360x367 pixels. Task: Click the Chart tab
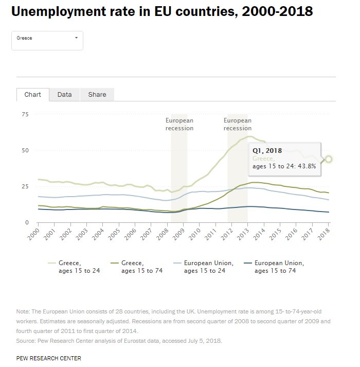pos(32,95)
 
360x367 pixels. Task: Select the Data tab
pos(64,95)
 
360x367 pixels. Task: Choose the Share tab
pos(97,95)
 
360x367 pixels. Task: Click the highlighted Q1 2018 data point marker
pos(329,159)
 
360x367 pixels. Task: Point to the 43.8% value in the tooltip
pos(305,166)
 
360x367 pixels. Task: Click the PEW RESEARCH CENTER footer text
pos(48,358)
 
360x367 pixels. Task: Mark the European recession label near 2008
pos(179,124)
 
